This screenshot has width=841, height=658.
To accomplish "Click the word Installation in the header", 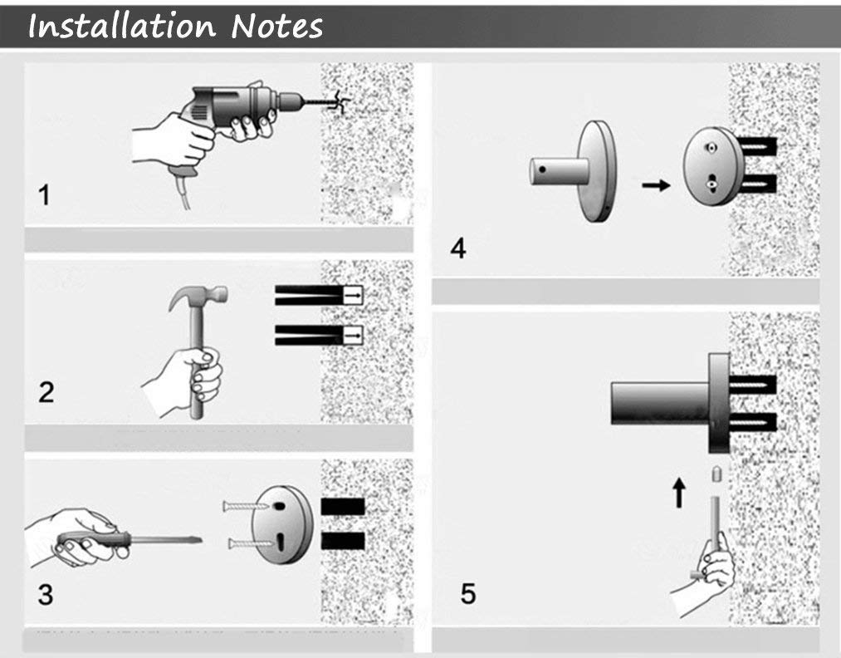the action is click(x=122, y=27).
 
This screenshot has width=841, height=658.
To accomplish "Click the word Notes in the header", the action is click(x=276, y=27).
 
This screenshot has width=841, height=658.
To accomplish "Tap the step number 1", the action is click(x=45, y=194).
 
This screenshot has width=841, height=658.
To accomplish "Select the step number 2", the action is click(x=46, y=393).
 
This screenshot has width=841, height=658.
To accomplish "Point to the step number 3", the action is click(x=46, y=595).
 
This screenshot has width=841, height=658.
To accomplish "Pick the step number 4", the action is click(x=458, y=248).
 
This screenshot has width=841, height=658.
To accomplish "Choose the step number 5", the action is click(x=467, y=594).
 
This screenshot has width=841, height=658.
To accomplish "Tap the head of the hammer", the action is click(x=199, y=296).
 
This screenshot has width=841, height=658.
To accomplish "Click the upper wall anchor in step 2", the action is click(x=319, y=295).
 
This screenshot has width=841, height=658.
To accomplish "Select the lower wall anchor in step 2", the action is click(x=319, y=336).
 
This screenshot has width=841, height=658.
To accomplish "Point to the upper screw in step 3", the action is click(x=245, y=506).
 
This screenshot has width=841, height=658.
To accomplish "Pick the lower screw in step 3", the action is click(x=251, y=543).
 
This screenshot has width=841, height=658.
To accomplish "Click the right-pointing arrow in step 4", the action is click(x=656, y=185).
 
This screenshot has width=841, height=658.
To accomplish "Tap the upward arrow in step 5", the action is click(x=679, y=493).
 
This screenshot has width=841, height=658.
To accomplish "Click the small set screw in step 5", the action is click(x=716, y=474).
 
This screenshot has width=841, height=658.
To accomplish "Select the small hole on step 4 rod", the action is click(x=543, y=169).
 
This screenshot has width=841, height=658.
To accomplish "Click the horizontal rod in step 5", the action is click(x=661, y=403).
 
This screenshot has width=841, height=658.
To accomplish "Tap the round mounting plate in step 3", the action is click(x=282, y=524).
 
